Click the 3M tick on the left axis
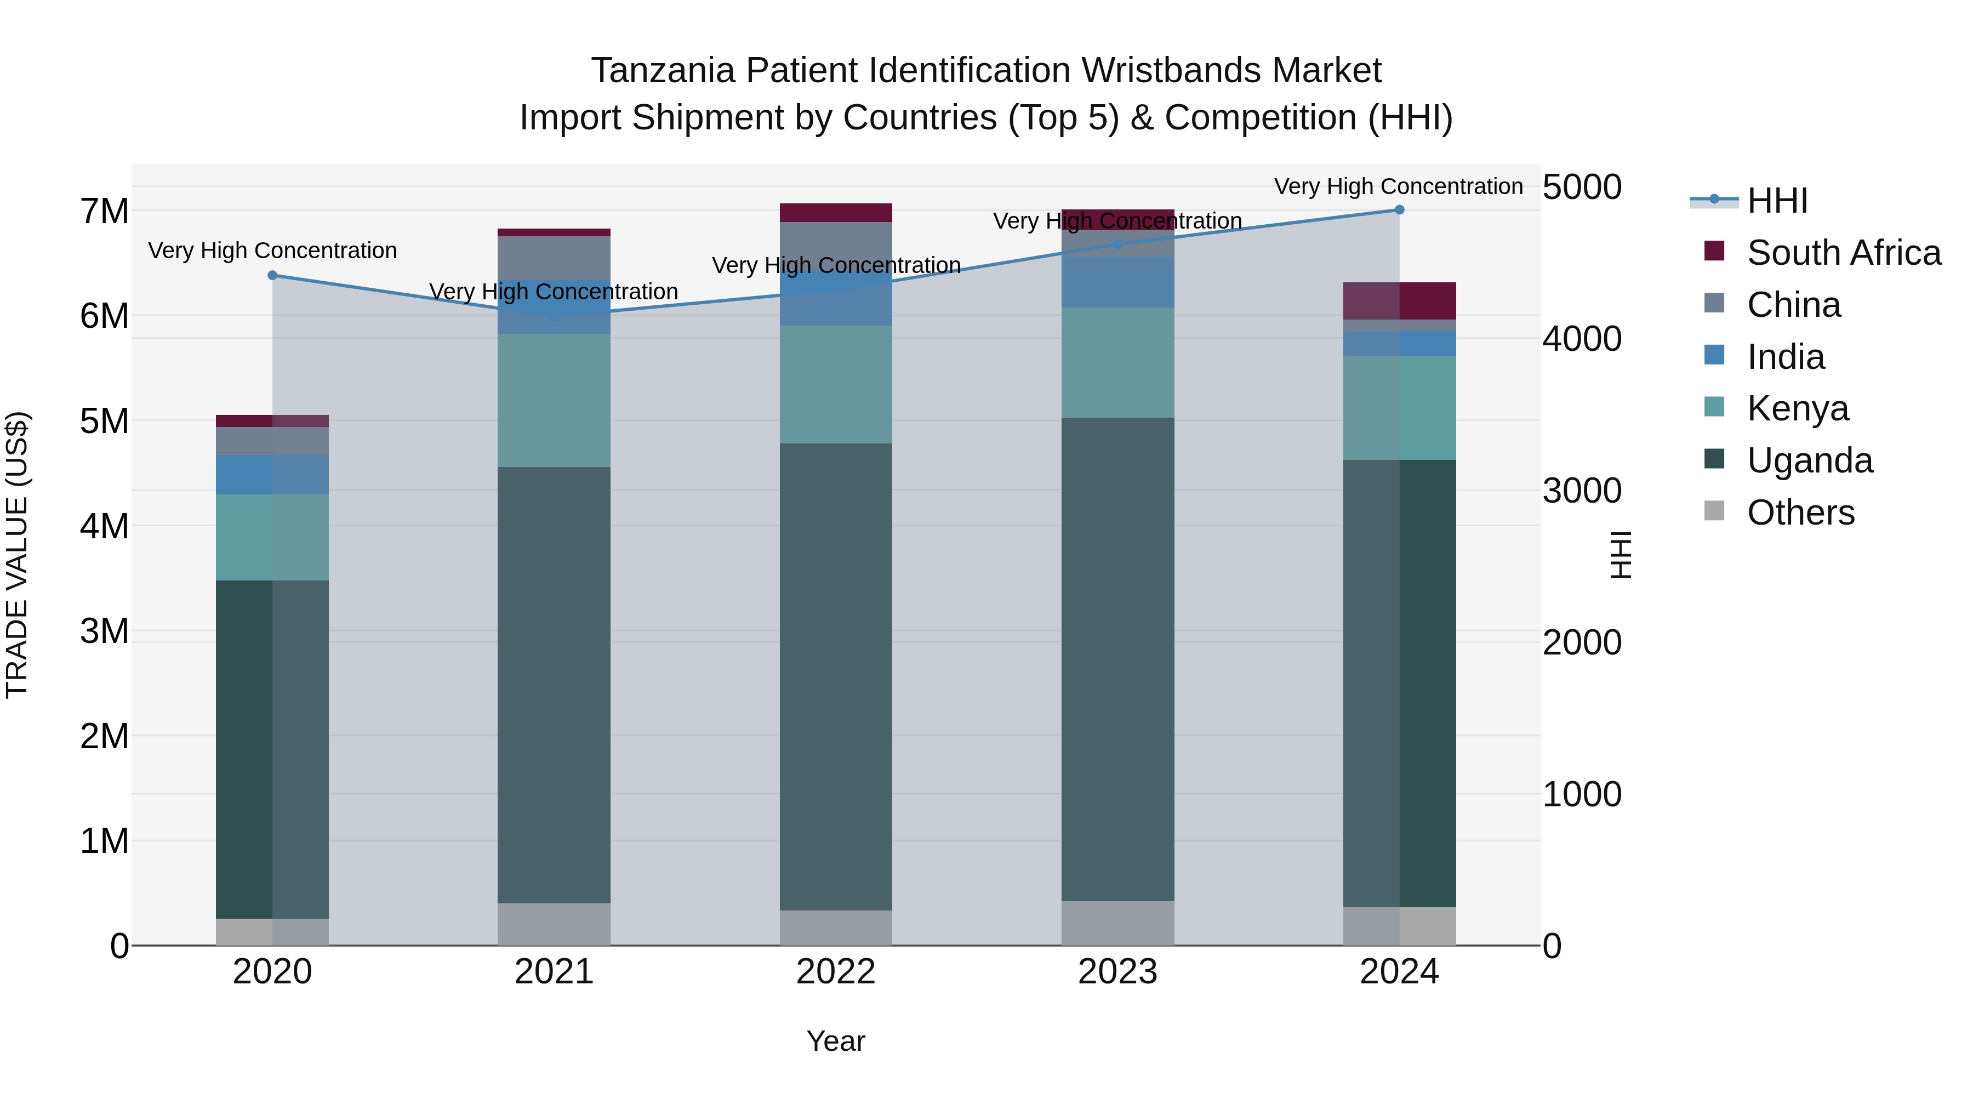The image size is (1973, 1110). pyautogui.click(x=104, y=631)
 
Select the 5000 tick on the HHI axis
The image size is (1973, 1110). pyautogui.click(x=1582, y=187)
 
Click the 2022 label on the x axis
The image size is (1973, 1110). pyautogui.click(x=836, y=972)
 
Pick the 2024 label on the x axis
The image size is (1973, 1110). pyautogui.click(x=1399, y=972)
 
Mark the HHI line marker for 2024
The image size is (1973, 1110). pyautogui.click(x=1399, y=209)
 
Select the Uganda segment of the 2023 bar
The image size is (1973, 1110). pyautogui.click(x=1117, y=659)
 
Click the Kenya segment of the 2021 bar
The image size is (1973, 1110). pyautogui.click(x=554, y=400)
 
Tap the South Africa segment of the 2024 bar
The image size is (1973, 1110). pyautogui.click(x=1399, y=300)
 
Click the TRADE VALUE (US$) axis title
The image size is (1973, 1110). pyautogui.click(x=17, y=555)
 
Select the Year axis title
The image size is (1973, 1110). pyautogui.click(x=836, y=1041)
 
